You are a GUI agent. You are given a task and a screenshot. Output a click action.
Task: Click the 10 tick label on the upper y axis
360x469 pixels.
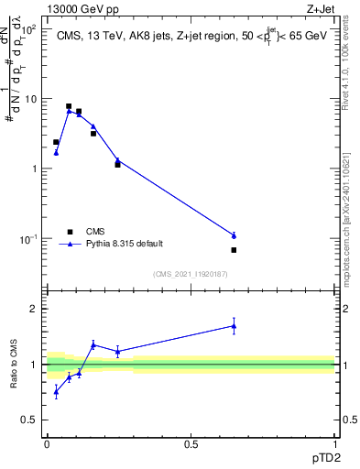tap(31, 98)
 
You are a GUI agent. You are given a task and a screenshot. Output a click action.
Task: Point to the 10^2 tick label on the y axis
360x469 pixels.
tap(29, 28)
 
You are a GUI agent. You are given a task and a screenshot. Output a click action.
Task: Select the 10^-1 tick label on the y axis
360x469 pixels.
tap(29, 239)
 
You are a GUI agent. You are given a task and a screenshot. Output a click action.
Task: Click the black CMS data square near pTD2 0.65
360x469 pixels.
tap(234, 250)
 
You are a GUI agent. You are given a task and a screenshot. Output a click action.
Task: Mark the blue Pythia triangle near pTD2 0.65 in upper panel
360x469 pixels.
tap(234, 235)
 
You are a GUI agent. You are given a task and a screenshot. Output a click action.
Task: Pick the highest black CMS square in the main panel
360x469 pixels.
tap(69, 106)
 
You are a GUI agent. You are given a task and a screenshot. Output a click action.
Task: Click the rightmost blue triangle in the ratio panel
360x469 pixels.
tap(234, 325)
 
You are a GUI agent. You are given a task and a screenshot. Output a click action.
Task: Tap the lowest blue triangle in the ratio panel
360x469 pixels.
tap(56, 392)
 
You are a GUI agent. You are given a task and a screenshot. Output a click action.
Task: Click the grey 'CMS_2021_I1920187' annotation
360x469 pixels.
tap(190, 274)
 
